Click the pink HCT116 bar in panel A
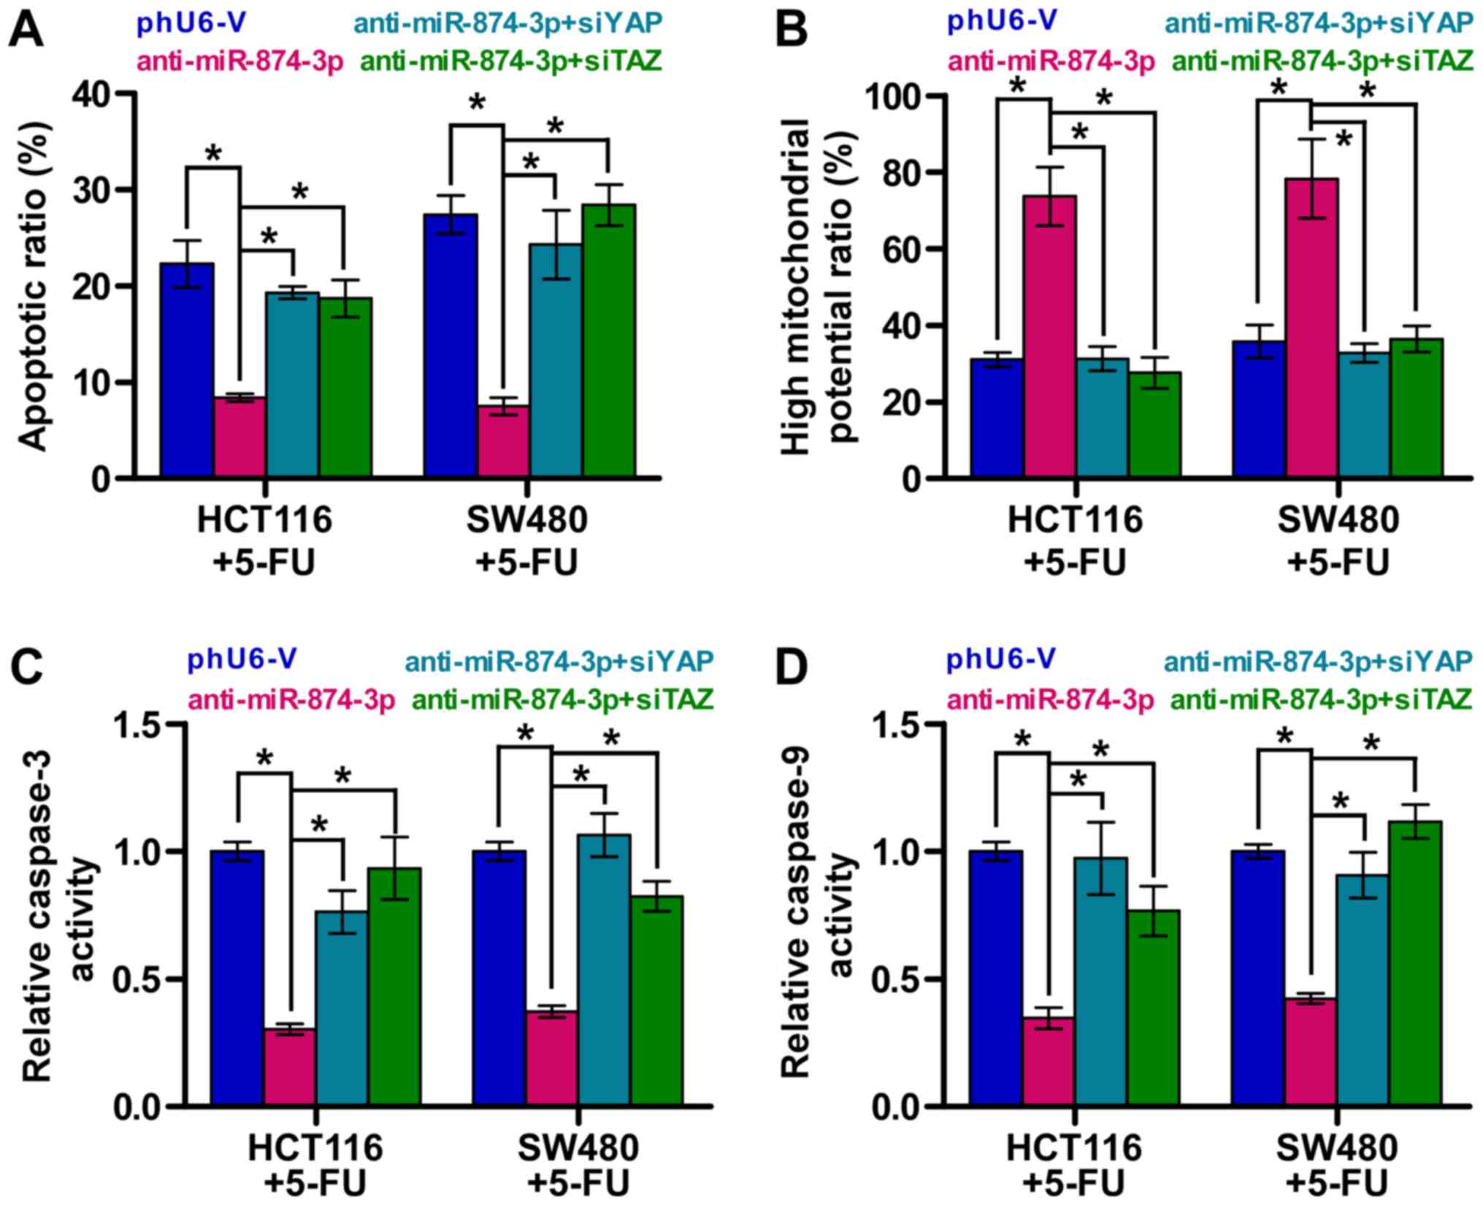coord(239,437)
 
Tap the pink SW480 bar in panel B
coord(1311,328)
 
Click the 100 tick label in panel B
coord(884,96)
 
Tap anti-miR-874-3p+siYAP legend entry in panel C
coord(559,662)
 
